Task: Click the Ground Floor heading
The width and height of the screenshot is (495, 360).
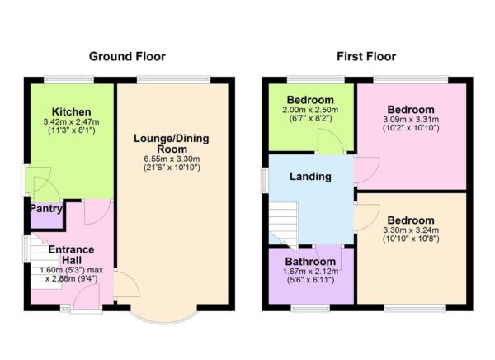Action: [126, 57]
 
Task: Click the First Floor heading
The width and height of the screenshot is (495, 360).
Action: [366, 57]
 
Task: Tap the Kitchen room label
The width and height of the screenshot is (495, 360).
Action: [71, 111]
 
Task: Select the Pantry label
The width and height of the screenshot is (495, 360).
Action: [46, 209]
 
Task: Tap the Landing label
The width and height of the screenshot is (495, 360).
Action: [310, 176]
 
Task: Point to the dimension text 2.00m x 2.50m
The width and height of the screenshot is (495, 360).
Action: [310, 111]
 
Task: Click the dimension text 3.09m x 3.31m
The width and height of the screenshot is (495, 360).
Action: [411, 121]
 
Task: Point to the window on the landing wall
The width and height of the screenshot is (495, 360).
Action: [265, 180]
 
